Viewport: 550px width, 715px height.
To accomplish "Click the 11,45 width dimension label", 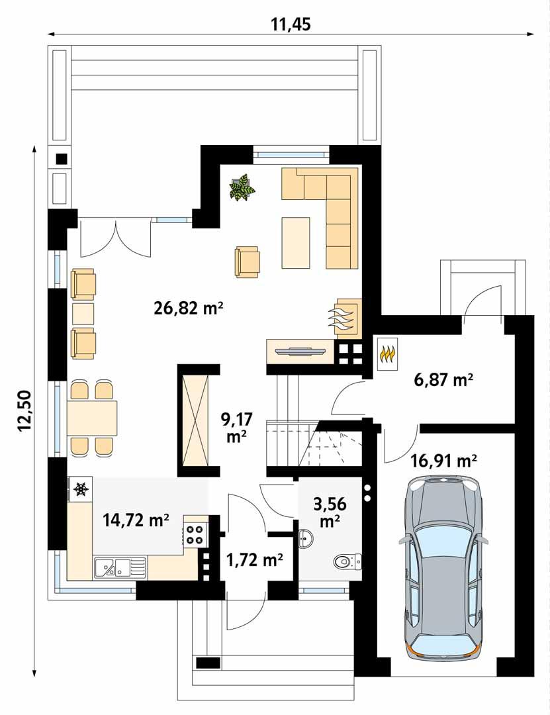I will tap(291, 24).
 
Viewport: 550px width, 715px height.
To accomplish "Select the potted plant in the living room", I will tap(242, 187).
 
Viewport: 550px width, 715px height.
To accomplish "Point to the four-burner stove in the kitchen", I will tap(195, 534).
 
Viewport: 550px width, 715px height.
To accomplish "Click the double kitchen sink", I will tap(119, 567).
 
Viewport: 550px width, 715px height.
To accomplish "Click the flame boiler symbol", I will tap(387, 355).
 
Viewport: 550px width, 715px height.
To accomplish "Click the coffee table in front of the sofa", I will tap(296, 242).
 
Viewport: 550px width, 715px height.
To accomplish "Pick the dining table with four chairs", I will tap(92, 418).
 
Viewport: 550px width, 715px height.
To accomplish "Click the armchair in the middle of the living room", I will tap(247, 261).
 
